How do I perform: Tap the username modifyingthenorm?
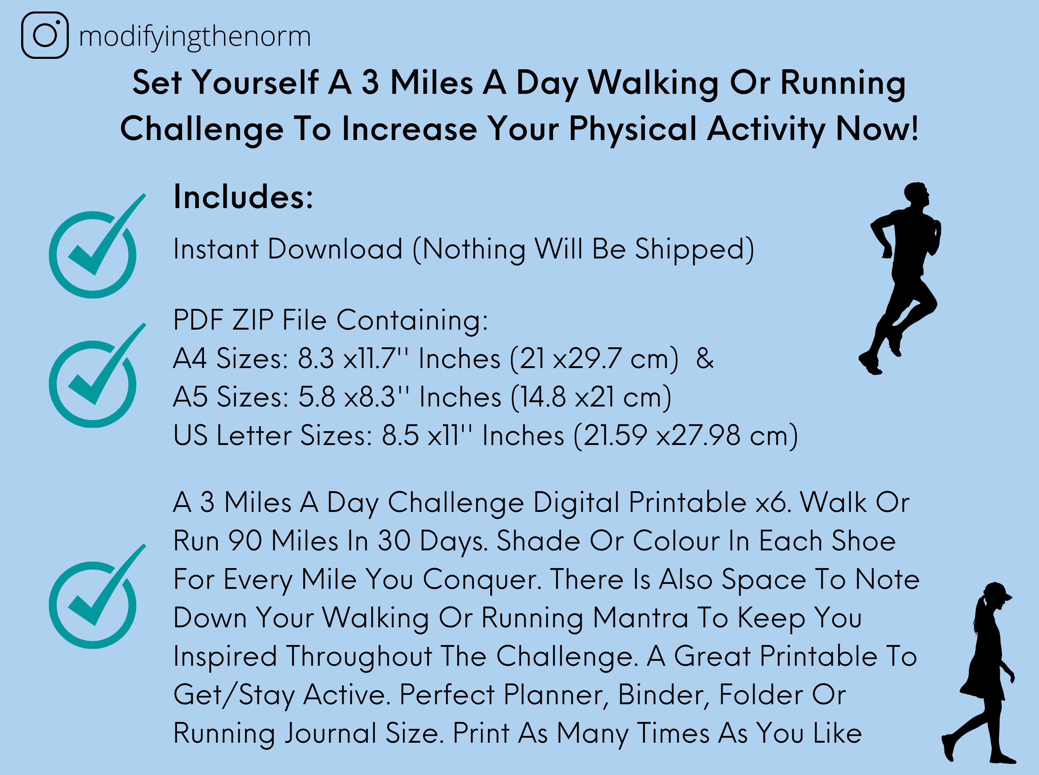pos(194,37)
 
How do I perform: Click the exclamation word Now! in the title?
pos(877,128)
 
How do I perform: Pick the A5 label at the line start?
pos(190,397)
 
